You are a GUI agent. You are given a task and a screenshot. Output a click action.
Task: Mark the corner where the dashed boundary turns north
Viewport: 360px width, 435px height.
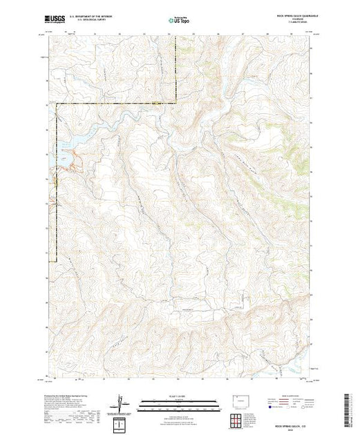point(176,104)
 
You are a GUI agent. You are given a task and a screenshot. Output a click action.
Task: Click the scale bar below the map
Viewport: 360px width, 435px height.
point(180,403)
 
